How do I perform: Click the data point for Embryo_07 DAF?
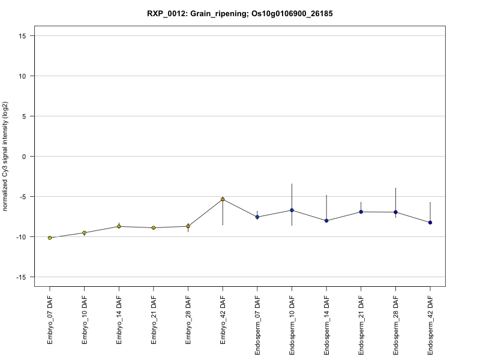50,238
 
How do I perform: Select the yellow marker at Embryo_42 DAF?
223,199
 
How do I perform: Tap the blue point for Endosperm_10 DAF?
292,210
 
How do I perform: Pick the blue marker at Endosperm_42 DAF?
430,223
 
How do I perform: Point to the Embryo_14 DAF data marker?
119,226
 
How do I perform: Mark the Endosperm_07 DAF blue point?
257,217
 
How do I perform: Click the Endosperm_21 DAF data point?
361,212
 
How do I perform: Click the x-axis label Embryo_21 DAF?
154,321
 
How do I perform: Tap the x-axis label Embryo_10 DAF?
85,321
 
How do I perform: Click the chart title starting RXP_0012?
240,13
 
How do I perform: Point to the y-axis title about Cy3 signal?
6,157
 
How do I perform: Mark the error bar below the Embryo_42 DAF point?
223,213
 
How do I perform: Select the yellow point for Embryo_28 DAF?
188,226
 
